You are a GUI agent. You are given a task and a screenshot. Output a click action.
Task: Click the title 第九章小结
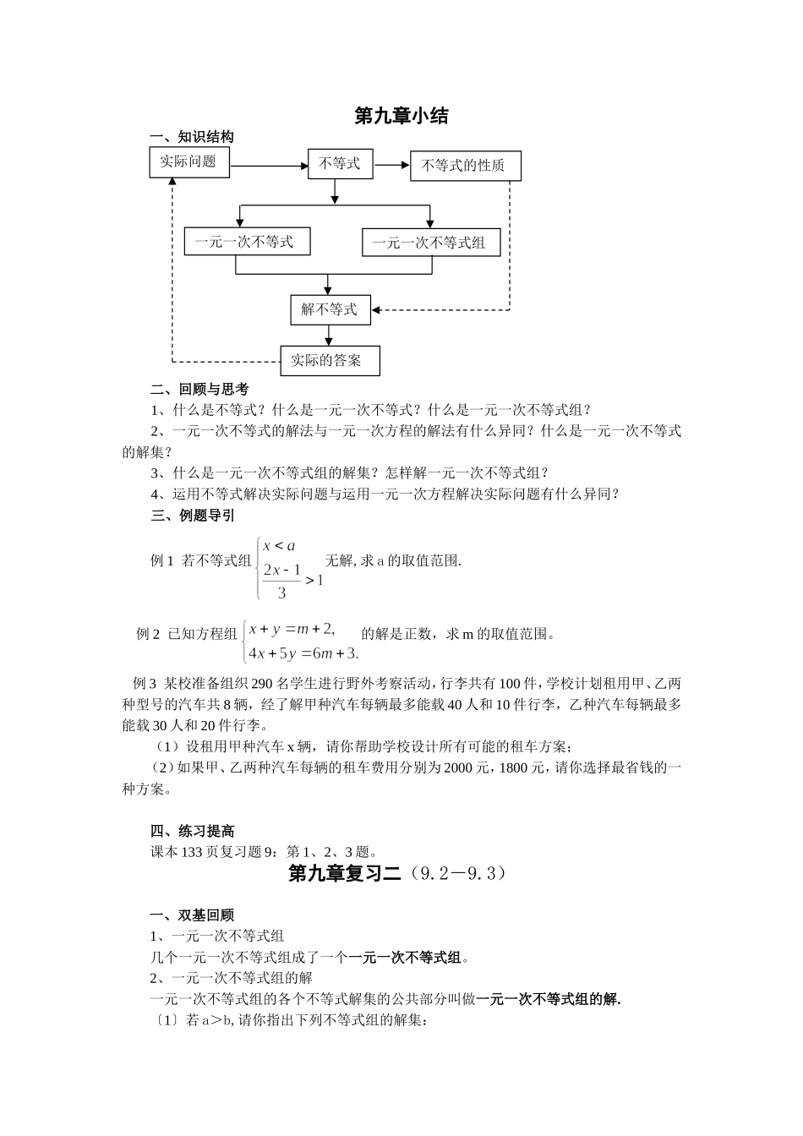point(401,116)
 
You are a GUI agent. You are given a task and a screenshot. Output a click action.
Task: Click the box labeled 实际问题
point(188,161)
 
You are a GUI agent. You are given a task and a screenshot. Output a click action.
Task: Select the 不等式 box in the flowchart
point(339,163)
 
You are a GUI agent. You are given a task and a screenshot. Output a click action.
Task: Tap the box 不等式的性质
point(465,166)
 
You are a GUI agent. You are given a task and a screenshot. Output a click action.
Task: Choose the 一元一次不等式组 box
point(430,243)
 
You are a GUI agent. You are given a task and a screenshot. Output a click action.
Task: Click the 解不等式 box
point(329,309)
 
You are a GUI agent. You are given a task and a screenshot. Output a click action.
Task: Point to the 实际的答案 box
point(329,360)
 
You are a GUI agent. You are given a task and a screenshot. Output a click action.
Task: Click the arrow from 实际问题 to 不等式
point(268,166)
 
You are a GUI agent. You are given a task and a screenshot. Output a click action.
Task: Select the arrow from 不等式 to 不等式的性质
point(391,165)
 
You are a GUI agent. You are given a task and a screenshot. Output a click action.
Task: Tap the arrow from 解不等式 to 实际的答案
point(330,335)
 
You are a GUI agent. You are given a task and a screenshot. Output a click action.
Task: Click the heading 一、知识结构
point(191,137)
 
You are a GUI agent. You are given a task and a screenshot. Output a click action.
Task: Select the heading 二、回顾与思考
point(199,389)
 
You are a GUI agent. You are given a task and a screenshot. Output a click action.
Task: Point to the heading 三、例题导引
point(192,515)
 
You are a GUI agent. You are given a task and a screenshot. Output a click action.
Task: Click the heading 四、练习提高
point(192,831)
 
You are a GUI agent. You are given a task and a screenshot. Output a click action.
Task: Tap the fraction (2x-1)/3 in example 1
point(281,581)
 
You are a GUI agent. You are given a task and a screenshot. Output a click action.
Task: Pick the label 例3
point(145,683)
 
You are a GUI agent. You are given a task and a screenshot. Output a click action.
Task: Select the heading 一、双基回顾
point(192,915)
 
